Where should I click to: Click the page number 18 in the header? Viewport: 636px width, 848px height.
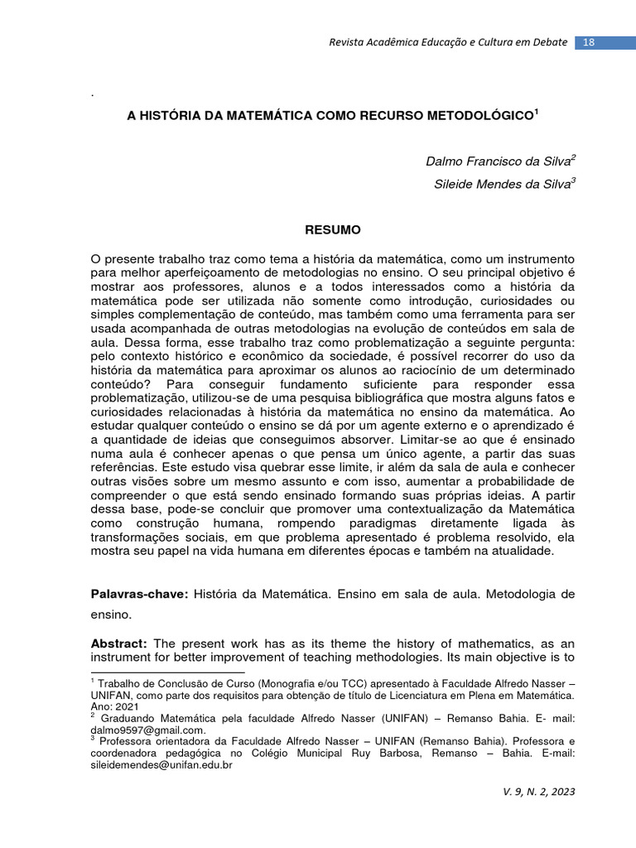[x=590, y=42]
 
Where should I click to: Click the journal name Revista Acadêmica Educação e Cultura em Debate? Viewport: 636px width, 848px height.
[x=448, y=42]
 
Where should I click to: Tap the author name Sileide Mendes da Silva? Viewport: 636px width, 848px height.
[x=502, y=185]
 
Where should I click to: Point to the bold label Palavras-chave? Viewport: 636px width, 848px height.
[x=139, y=595]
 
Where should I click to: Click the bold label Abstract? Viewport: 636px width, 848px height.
[x=118, y=643]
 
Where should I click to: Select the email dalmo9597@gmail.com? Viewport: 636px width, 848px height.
[x=147, y=730]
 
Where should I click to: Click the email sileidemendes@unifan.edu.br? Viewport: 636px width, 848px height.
[x=161, y=766]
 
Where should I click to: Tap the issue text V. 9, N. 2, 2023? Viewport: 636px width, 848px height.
[x=538, y=791]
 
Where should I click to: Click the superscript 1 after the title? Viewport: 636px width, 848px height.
[x=537, y=111]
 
